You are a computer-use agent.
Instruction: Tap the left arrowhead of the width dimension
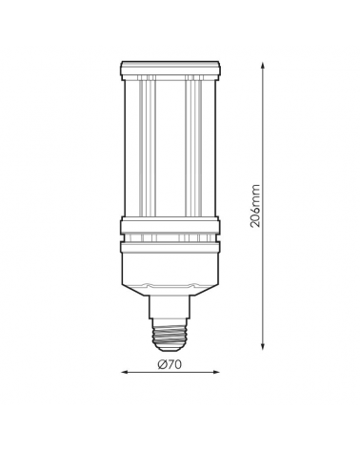[x=124, y=376]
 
